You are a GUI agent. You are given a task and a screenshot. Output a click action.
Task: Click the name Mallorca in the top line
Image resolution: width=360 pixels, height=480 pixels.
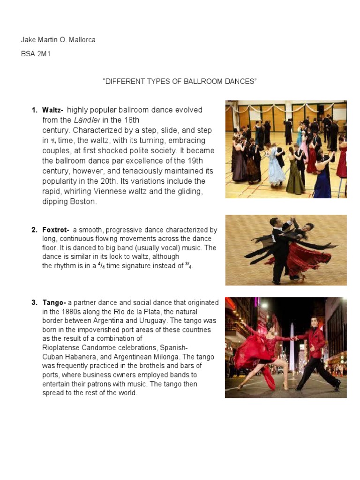click(x=82, y=40)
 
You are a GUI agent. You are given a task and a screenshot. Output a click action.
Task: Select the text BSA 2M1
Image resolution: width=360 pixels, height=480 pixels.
click(x=35, y=54)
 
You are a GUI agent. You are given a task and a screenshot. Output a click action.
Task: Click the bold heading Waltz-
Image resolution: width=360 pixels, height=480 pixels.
click(x=53, y=110)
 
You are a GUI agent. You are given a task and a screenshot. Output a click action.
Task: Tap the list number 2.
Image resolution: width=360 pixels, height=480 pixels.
click(x=34, y=230)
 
